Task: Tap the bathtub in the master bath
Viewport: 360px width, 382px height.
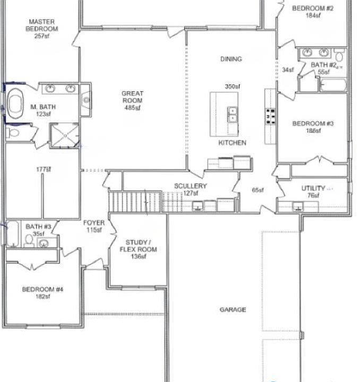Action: tap(15, 104)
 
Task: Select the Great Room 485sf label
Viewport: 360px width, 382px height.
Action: tap(132, 100)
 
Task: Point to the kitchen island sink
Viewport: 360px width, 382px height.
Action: tap(233, 114)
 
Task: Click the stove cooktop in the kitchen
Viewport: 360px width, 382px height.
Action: tap(270, 115)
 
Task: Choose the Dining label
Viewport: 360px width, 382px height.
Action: tap(231, 59)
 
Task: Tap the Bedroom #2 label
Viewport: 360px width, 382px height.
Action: tap(313, 12)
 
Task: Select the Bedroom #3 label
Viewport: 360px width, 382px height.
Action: tap(313, 127)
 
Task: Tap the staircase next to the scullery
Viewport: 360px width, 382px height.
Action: tap(135, 202)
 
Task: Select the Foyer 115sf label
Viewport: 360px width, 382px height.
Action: tap(94, 227)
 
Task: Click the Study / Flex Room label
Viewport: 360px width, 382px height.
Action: tap(138, 249)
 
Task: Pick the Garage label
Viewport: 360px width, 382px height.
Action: tap(233, 310)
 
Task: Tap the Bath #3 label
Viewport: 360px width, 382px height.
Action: tap(38, 230)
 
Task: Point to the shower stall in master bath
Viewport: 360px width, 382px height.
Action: tap(64, 135)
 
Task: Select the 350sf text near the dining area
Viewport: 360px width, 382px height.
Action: tap(232, 86)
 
